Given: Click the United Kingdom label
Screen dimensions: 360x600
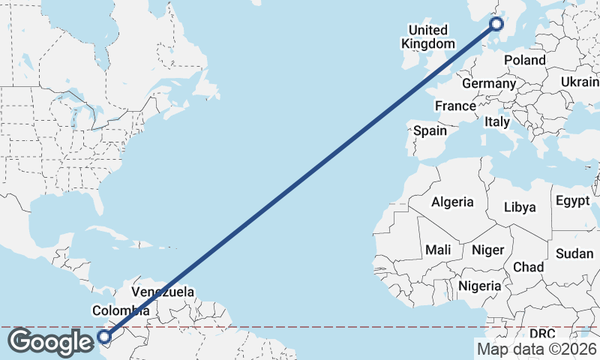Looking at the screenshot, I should click(427, 37).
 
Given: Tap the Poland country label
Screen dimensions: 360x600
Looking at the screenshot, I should click(525, 60).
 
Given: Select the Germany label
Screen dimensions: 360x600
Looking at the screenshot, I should click(489, 83).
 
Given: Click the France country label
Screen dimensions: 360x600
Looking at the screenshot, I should click(455, 106).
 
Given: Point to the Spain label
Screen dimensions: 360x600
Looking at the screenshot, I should click(430, 130).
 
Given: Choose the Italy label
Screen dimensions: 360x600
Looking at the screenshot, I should click(496, 121).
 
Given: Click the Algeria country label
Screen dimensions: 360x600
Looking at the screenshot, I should click(452, 202).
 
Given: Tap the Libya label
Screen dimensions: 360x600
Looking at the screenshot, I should click(520, 207).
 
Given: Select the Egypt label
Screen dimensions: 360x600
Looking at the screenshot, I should click(574, 201).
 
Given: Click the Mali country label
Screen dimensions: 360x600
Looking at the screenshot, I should click(438, 249).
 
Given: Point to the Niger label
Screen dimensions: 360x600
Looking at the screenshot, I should click(488, 250).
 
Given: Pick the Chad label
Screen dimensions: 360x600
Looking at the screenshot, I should click(528, 267).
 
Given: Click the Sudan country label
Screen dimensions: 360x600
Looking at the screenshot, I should click(574, 253).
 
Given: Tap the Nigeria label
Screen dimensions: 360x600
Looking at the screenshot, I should click(479, 286).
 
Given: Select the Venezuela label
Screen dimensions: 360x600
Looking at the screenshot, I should click(163, 292).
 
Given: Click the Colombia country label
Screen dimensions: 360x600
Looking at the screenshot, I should click(120, 310).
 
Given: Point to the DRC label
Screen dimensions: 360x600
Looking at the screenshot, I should click(542, 333).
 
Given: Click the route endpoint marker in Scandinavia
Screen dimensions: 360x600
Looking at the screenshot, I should click(496, 25).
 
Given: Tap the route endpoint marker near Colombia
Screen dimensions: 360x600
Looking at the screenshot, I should click(103, 337).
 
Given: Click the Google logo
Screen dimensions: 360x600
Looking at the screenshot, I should click(50, 342).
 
